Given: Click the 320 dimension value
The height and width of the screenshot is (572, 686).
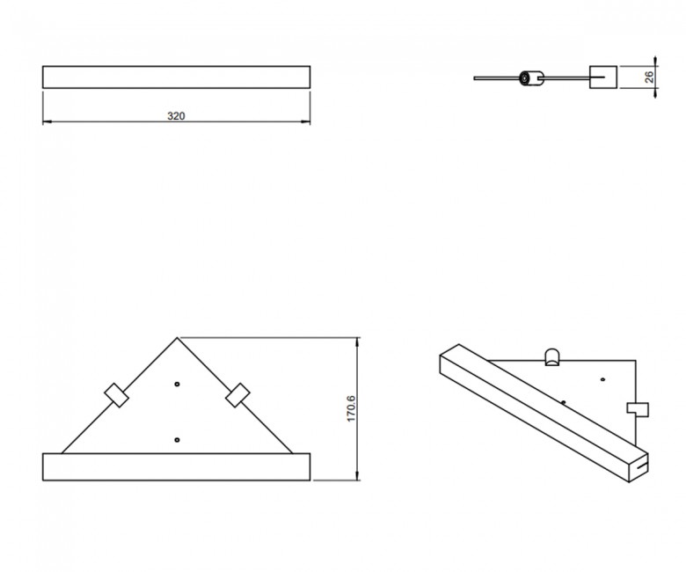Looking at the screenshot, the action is click(x=176, y=116).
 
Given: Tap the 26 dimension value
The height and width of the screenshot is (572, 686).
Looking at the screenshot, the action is click(x=649, y=77).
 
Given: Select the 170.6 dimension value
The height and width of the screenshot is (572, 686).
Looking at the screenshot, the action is click(x=351, y=408).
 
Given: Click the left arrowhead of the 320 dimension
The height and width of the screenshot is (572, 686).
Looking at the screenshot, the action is click(x=47, y=121).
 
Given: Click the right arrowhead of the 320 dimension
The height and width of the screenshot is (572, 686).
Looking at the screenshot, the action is click(x=305, y=121).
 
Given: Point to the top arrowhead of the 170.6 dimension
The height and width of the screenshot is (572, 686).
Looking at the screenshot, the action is click(x=358, y=342).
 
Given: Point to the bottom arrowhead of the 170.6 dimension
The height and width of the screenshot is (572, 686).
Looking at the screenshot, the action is click(x=358, y=475).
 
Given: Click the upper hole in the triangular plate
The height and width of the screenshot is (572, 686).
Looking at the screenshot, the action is click(x=177, y=385).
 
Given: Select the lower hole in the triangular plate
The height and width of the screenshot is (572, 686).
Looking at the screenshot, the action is click(x=177, y=440).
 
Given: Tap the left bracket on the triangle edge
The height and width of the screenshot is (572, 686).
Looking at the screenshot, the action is click(x=116, y=395).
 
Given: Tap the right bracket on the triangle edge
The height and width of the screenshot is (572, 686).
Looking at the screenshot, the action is click(x=237, y=395).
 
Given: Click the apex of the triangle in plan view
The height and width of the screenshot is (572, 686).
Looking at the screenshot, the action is click(x=177, y=337).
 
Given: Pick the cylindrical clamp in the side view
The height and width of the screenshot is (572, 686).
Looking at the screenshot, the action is click(x=531, y=78).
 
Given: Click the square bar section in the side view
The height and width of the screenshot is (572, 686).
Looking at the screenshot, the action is click(x=603, y=77).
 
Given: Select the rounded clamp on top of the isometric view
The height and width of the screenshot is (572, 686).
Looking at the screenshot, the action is click(x=551, y=357).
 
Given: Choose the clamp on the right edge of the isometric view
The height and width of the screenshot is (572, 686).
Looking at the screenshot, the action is click(x=638, y=409).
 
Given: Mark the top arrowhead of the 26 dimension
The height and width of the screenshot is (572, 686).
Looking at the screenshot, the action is click(x=655, y=61).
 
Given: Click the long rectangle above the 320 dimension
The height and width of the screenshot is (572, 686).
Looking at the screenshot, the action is click(x=176, y=77).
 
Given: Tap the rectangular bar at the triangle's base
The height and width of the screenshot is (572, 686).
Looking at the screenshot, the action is click(x=176, y=467).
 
